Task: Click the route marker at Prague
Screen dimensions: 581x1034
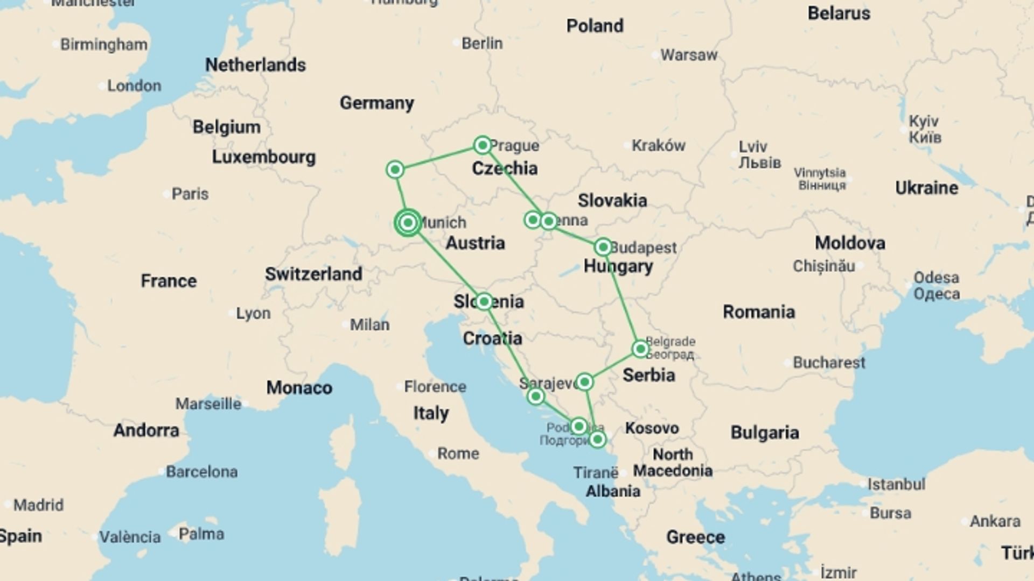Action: pyautogui.click(x=483, y=145)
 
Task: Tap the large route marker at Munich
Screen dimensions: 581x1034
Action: pyautogui.click(x=408, y=222)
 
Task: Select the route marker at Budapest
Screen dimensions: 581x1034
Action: pyautogui.click(x=603, y=247)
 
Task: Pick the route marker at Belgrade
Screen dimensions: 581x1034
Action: pyautogui.click(x=640, y=349)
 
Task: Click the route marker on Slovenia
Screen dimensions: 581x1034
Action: pyautogui.click(x=484, y=301)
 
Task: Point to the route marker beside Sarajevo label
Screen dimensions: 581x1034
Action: pyautogui.click(x=584, y=382)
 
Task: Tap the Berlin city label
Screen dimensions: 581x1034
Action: pyautogui.click(x=482, y=44)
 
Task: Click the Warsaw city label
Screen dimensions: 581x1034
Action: pyautogui.click(x=689, y=55)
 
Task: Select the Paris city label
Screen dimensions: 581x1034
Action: pyautogui.click(x=190, y=194)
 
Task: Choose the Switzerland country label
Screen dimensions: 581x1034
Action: pyautogui.click(x=313, y=274)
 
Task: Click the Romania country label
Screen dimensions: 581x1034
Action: pyautogui.click(x=758, y=311)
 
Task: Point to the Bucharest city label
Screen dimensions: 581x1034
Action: pyautogui.click(x=828, y=363)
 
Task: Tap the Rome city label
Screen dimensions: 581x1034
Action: pyautogui.click(x=458, y=454)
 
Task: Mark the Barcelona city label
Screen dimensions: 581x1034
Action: pyautogui.click(x=201, y=472)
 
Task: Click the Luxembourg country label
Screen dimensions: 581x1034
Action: pyautogui.click(x=263, y=157)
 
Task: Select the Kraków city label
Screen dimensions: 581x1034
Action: pyautogui.click(x=658, y=145)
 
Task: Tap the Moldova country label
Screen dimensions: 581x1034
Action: pyautogui.click(x=849, y=243)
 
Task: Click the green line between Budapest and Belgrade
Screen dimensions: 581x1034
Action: pyautogui.click(x=622, y=299)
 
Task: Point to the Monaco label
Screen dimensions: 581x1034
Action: pyautogui.click(x=299, y=388)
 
